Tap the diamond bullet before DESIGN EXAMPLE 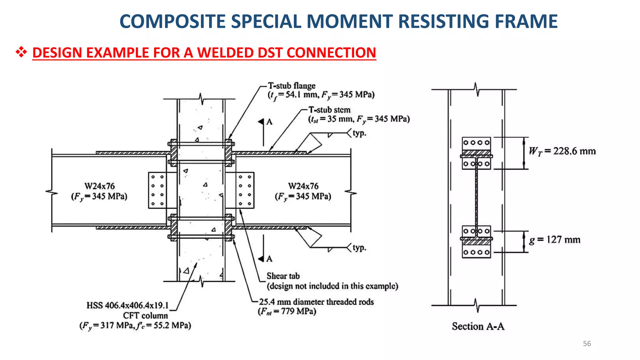click(21, 52)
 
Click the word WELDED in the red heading click(225, 52)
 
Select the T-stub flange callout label click(291, 86)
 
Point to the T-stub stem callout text click(329, 110)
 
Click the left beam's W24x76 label click(100, 186)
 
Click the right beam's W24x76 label click(303, 186)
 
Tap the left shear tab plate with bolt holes click(157, 190)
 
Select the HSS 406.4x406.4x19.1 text click(127, 305)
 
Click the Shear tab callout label click(283, 276)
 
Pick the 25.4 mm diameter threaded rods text click(316, 302)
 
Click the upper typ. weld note click(359, 133)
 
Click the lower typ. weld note click(359, 248)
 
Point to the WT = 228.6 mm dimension click(562, 151)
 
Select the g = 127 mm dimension click(554, 240)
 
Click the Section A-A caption click(478, 326)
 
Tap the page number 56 click(587, 343)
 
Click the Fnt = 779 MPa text click(287, 312)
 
